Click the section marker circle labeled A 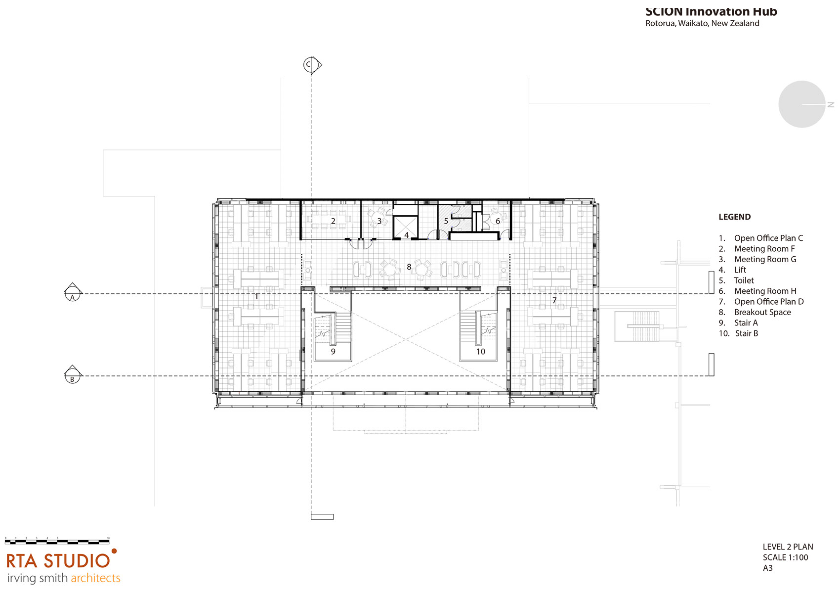click(73, 294)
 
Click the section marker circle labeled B click(73, 376)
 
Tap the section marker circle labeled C click(310, 64)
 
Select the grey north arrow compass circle click(801, 104)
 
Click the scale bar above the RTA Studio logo click(57, 541)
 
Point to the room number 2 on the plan click(333, 221)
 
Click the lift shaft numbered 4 click(406, 228)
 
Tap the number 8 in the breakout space click(409, 267)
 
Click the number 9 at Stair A click(333, 352)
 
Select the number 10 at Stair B click(481, 352)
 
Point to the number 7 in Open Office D click(554, 300)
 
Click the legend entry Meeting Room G click(765, 259)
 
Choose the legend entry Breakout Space click(762, 312)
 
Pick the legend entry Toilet click(744, 280)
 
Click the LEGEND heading click(734, 217)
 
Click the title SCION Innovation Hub click(711, 11)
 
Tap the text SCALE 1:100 click(785, 557)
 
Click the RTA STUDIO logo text click(58, 561)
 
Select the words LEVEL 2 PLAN click(788, 547)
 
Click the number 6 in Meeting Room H click(498, 221)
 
